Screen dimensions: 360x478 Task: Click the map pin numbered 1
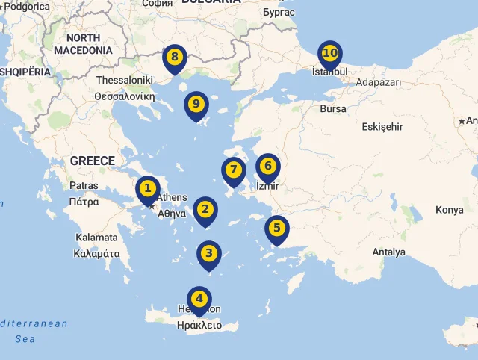(x=148, y=189)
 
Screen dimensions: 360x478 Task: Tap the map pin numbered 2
(x=205, y=211)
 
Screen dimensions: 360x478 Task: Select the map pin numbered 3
(x=209, y=254)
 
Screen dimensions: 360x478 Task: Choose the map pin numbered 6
(x=267, y=167)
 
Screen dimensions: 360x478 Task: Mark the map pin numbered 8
(x=175, y=58)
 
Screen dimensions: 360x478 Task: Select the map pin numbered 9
(x=196, y=105)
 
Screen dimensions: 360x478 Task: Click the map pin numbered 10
(x=330, y=54)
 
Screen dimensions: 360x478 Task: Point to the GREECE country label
(x=93, y=161)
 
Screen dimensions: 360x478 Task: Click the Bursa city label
(x=333, y=109)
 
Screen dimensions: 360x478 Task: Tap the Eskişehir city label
(x=382, y=127)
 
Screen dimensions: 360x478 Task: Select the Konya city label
(x=450, y=210)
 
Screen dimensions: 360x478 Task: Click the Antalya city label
(x=388, y=252)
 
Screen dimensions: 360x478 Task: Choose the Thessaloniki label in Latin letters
(x=125, y=80)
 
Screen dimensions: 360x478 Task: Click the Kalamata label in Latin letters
(x=96, y=238)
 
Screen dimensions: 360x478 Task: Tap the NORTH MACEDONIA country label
(x=83, y=44)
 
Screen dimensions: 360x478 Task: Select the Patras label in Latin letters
(x=84, y=185)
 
